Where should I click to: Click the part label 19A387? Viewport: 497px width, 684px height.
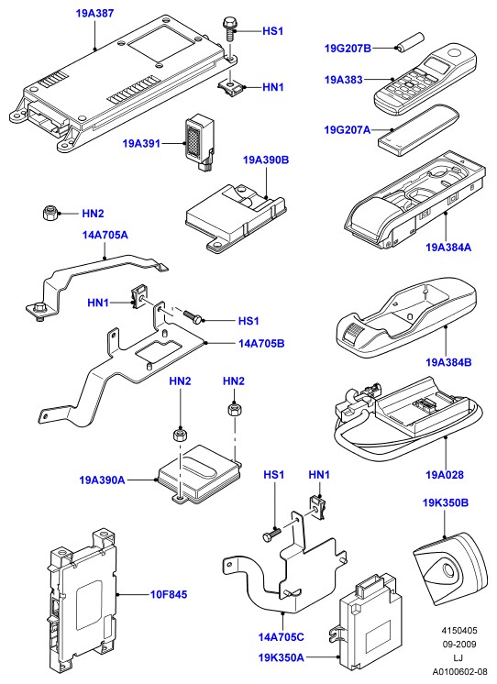coord(94,13)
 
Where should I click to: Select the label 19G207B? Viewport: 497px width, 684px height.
coord(348,48)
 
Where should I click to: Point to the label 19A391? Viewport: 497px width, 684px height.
coord(141,144)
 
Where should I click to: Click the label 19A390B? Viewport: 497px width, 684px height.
coord(266,160)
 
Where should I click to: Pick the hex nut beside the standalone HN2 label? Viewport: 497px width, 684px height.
coord(50,214)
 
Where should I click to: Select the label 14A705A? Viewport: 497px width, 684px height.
coord(105,235)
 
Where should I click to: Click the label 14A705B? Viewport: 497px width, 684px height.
coord(261,344)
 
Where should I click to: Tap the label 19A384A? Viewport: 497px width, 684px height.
coord(448,248)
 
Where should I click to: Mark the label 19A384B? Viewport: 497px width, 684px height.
coord(448,362)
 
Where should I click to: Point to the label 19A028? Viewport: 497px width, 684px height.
coord(445,475)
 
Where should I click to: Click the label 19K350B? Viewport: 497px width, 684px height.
coord(445,503)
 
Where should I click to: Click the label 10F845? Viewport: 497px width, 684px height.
coord(169,594)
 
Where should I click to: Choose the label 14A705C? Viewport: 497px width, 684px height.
coord(281,637)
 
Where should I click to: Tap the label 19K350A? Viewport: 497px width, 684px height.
coord(281,657)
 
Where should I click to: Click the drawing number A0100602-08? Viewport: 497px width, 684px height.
coord(460,671)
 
